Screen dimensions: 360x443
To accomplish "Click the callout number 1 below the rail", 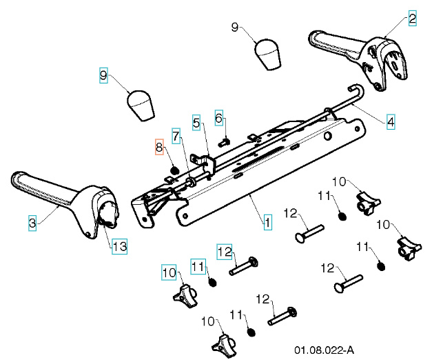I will tap(267, 222).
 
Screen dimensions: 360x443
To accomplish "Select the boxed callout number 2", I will tap(412, 19).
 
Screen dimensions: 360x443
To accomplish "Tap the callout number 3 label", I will tap(32, 223).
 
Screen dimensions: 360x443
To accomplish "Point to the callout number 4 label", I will tap(391, 123).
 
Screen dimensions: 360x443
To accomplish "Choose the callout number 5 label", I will tap(196, 123).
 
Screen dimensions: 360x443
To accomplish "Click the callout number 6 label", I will tap(219, 119).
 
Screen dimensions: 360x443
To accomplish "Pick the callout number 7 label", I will tap(176, 137).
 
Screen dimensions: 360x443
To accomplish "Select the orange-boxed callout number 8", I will tap(159, 147).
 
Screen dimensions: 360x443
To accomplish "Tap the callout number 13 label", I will tap(119, 245).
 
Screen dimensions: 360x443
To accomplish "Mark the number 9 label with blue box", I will tap(103, 74).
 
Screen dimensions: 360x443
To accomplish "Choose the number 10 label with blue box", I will tap(169, 272).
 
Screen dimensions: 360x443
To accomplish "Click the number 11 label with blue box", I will tap(198, 266).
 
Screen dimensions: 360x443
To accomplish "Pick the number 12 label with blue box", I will tap(226, 251).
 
